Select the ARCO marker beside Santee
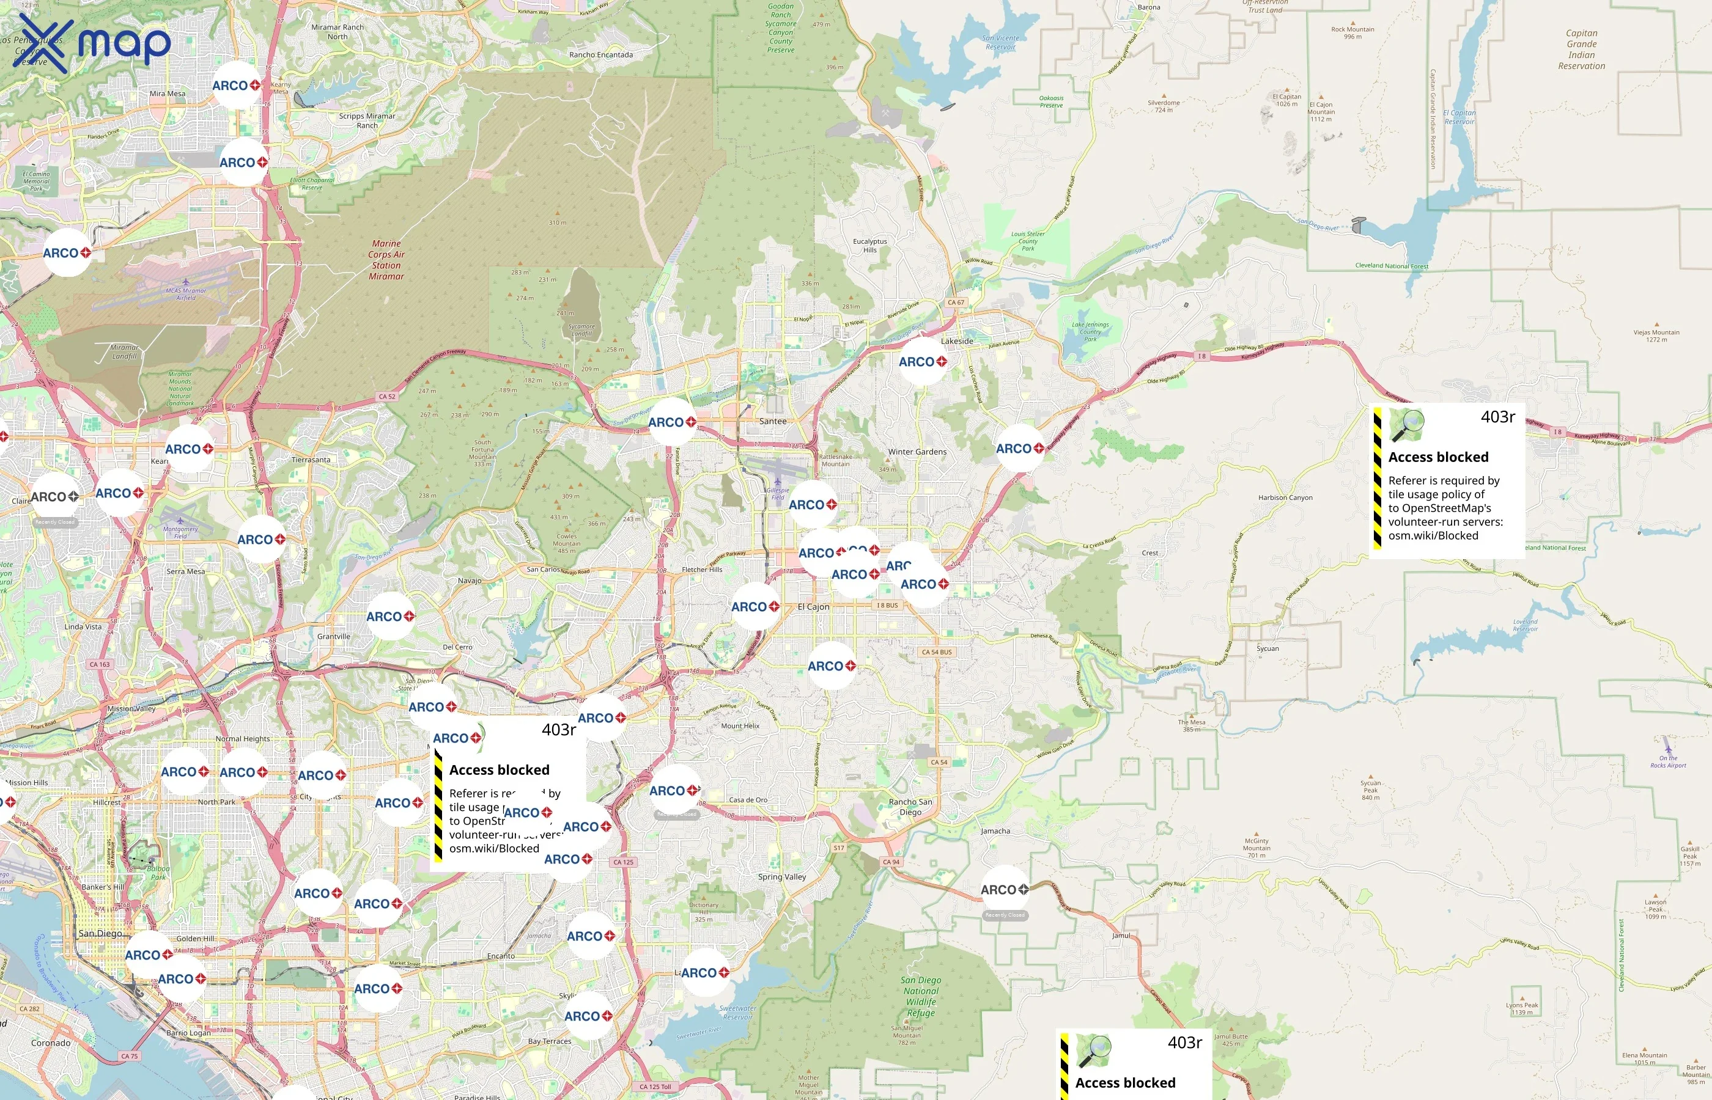[671, 422]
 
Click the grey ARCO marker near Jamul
[1004, 890]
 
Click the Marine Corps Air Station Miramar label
[386, 260]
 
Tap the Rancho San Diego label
[910, 807]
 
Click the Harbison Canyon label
[1285, 498]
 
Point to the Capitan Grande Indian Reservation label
[1581, 50]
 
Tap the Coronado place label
[51, 1043]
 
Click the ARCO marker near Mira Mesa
[236, 86]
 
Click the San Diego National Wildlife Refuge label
[920, 997]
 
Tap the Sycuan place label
[1267, 648]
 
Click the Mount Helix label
[740, 726]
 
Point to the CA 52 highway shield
[387, 397]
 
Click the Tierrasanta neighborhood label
[311, 460]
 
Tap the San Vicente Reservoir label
[1000, 43]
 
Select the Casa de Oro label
[748, 800]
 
